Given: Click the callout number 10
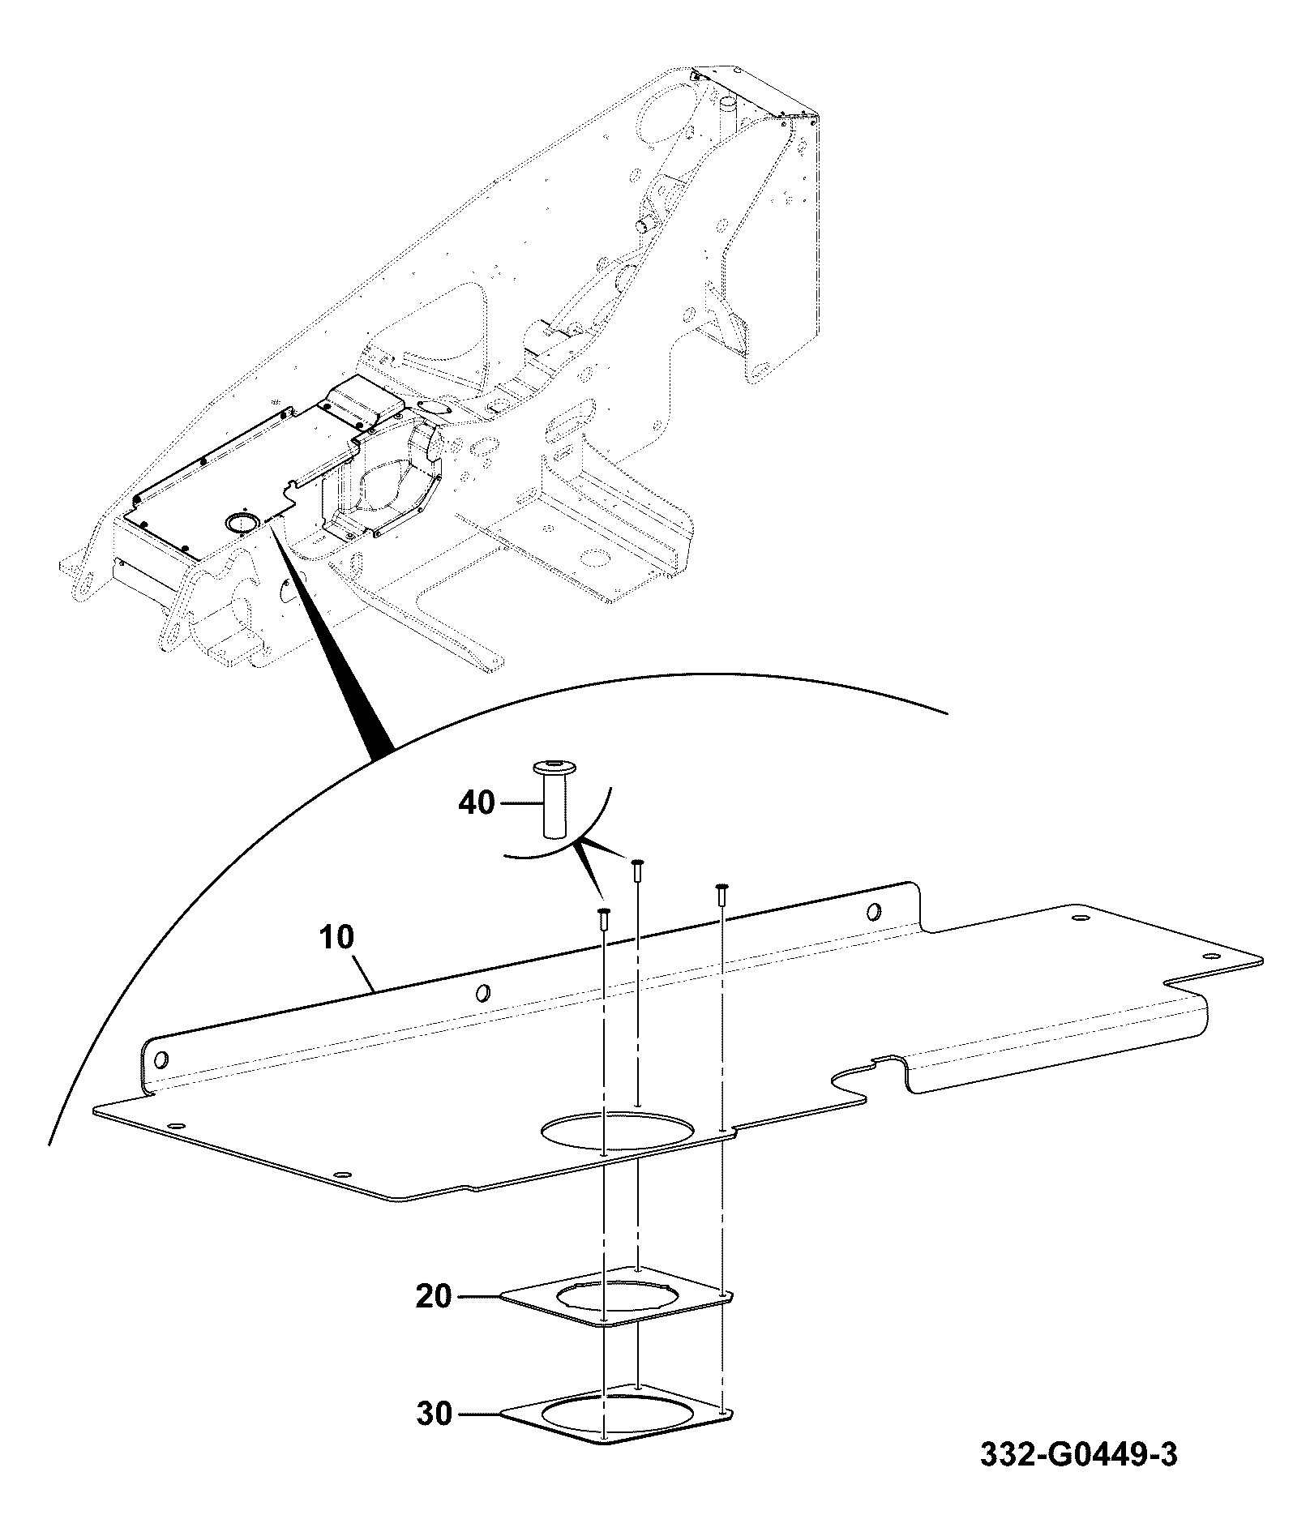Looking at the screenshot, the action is pos(337,937).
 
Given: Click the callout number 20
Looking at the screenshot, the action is pos(434,1296).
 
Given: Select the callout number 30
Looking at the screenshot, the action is pos(434,1414).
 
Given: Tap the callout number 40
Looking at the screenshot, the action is pos(477,803).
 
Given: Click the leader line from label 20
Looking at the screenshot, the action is pos(477,1297).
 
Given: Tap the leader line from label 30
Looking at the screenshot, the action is pos(477,1414).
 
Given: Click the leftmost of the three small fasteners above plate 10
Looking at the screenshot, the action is pos(602,917).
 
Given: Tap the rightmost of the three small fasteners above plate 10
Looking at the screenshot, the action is pos(721,893).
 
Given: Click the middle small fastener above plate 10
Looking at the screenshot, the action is pos(638,867).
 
